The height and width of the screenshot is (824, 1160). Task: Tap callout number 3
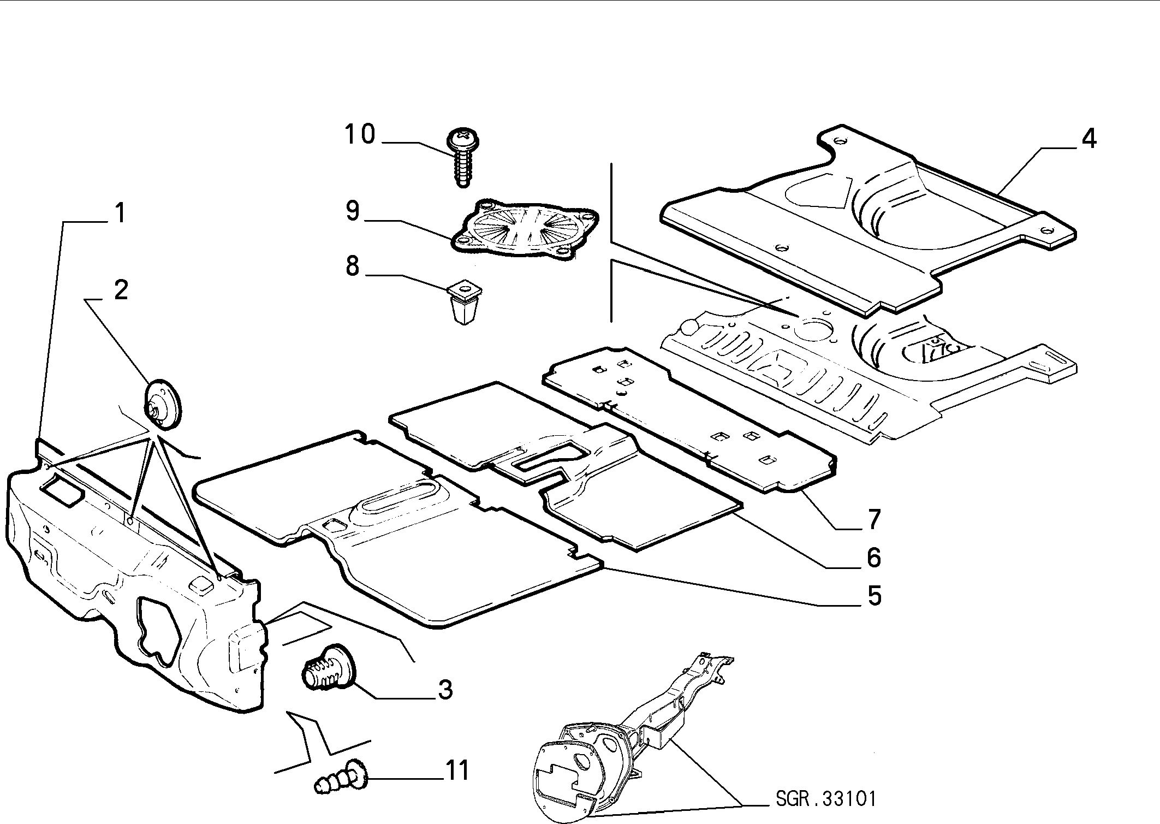click(445, 690)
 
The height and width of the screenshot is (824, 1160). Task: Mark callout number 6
click(873, 557)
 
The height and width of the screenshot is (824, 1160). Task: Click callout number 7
click(874, 519)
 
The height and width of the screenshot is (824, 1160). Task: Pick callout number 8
click(353, 266)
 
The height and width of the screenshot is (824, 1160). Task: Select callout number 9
click(353, 210)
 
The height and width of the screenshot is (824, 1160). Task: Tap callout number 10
click(360, 134)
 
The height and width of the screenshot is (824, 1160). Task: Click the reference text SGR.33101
click(825, 799)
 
